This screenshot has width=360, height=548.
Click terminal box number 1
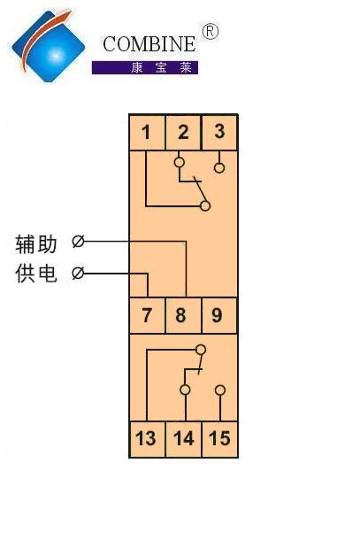click(147, 132)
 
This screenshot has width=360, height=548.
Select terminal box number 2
click(183, 132)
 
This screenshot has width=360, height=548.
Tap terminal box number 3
click(219, 132)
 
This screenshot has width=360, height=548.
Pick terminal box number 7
click(147, 315)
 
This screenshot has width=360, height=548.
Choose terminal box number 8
click(183, 315)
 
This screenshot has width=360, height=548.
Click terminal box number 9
click(219, 315)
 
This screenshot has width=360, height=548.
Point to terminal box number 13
click(147, 439)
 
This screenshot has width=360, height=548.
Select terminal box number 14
click(183, 439)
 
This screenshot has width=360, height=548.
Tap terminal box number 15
click(219, 439)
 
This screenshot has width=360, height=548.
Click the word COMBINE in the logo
click(149, 44)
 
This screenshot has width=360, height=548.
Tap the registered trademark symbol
click(211, 32)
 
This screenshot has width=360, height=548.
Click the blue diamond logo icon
click(48, 46)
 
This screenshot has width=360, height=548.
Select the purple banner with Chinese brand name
click(145, 67)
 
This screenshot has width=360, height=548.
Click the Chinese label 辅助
click(35, 243)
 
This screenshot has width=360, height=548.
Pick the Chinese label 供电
click(35, 273)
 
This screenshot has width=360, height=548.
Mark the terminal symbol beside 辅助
click(78, 241)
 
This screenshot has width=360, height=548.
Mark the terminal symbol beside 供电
click(78, 273)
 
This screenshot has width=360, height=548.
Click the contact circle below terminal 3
click(219, 168)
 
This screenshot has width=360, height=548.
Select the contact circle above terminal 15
click(220, 390)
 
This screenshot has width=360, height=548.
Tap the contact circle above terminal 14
click(185, 390)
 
